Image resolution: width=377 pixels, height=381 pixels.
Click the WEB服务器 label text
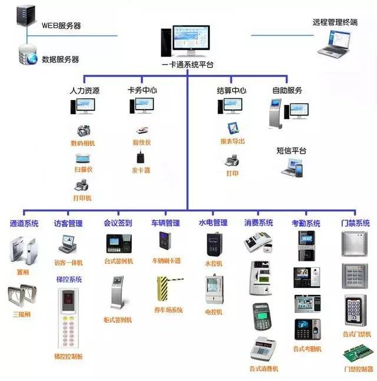(x=61, y=26)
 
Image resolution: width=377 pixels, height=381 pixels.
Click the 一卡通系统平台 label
(x=187, y=64)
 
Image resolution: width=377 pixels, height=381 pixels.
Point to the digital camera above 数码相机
(x=83, y=130)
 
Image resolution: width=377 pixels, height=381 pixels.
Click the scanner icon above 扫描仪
(x=82, y=158)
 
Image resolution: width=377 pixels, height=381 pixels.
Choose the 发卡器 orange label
(x=141, y=170)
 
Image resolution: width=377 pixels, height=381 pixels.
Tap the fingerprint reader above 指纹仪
(x=141, y=130)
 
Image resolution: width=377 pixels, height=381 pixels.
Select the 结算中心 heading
(x=231, y=91)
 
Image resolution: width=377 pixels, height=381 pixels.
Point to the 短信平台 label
(x=291, y=151)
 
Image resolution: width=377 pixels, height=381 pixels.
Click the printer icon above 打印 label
(x=232, y=160)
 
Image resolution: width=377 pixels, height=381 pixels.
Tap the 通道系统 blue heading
(x=24, y=223)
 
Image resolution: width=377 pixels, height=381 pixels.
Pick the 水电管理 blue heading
(x=213, y=223)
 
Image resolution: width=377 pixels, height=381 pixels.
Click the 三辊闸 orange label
(x=23, y=314)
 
